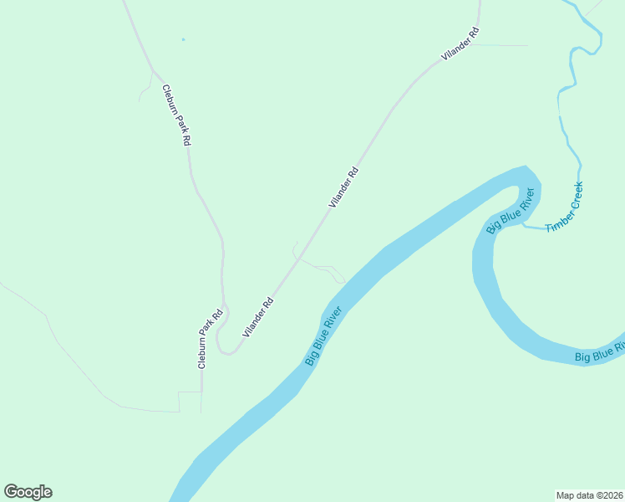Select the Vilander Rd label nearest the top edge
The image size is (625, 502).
coord(460,44)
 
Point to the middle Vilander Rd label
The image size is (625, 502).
coord(343,187)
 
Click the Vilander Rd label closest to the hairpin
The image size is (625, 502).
coord(258,318)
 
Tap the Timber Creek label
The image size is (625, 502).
coord(564,207)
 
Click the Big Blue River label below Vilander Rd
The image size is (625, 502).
coord(323,336)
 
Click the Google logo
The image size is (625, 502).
coord(28,492)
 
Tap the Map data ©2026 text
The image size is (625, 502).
coord(589,494)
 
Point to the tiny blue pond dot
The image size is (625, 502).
coord(183,39)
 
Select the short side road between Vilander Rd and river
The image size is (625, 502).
coord(326,269)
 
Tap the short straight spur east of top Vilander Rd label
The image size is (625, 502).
coord(501,45)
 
